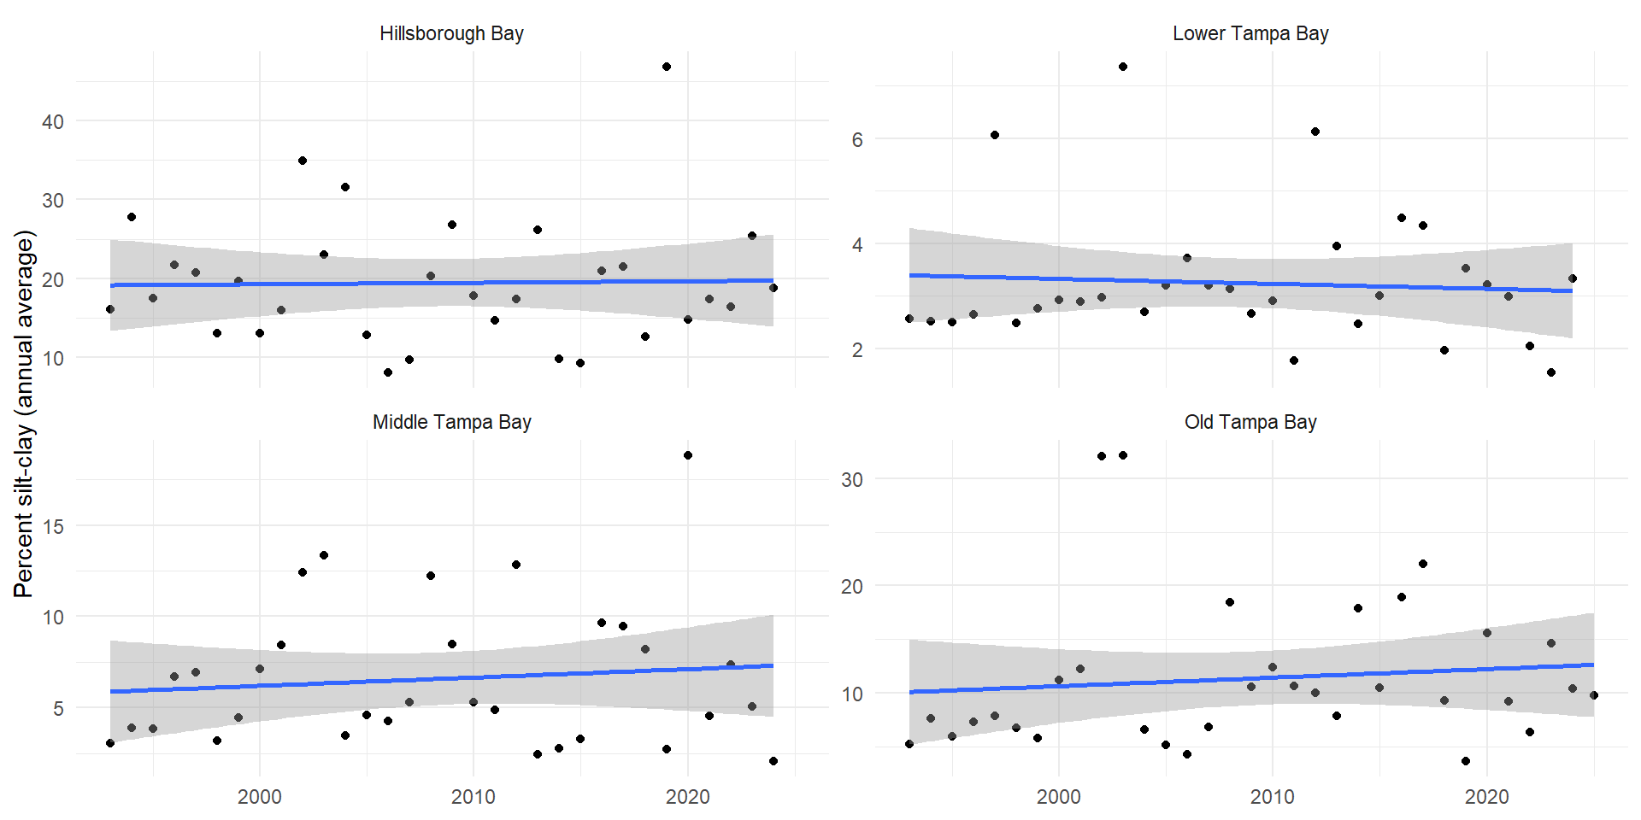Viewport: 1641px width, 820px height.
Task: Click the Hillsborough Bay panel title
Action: (x=451, y=33)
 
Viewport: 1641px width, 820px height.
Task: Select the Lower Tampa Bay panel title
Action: (x=1250, y=33)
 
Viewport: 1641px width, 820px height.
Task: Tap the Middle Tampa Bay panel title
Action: (x=451, y=422)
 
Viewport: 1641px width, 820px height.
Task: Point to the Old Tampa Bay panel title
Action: (x=1250, y=422)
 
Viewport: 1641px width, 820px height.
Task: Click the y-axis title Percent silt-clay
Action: (x=24, y=413)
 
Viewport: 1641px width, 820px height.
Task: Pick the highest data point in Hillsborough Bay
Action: (x=667, y=67)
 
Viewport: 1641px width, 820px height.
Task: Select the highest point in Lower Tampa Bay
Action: (x=1123, y=67)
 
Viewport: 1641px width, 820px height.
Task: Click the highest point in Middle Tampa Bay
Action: (x=688, y=455)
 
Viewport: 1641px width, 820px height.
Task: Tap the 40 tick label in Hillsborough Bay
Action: (x=53, y=121)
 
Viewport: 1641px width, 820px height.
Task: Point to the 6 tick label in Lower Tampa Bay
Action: (x=857, y=139)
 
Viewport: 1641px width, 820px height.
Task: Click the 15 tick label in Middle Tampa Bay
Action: (x=53, y=526)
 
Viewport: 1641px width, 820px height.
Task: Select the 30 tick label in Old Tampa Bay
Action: (x=852, y=479)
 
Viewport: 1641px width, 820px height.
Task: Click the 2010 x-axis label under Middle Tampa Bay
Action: (x=473, y=797)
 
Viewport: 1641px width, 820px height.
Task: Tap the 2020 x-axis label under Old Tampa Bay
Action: (x=1487, y=797)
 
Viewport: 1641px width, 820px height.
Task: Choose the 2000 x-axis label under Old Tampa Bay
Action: (x=1059, y=797)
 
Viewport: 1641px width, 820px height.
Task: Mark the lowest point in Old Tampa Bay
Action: (x=1466, y=761)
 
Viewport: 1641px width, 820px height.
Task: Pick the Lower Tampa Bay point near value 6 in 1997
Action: (x=995, y=135)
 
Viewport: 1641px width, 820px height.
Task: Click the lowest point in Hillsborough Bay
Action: (x=388, y=372)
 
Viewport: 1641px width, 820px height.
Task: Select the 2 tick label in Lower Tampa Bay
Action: (x=857, y=349)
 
